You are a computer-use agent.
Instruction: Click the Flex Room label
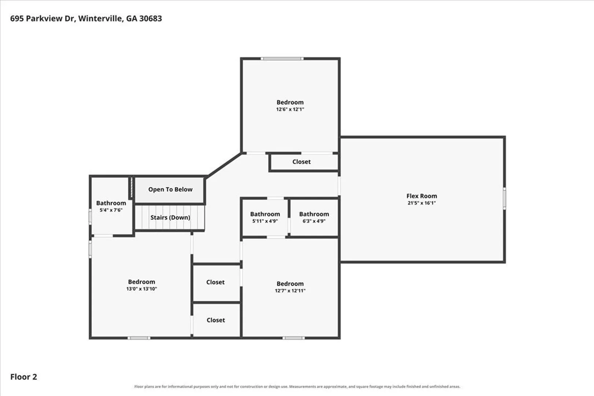[x=422, y=196]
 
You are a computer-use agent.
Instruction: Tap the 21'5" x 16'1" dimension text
[x=422, y=203]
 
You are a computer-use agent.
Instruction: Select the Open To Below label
[x=170, y=189]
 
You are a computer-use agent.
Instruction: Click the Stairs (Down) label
[x=170, y=217]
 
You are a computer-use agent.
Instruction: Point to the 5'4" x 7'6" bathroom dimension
[x=111, y=210]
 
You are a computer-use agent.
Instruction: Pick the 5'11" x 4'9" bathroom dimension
[x=265, y=221]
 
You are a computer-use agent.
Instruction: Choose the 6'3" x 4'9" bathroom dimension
[x=314, y=221]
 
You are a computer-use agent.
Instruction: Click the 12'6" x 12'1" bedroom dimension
[x=290, y=109]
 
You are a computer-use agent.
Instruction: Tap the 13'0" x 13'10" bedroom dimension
[x=142, y=289]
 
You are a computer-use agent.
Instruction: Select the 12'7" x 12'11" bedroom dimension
[x=290, y=290]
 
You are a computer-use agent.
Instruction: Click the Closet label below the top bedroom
[x=301, y=162]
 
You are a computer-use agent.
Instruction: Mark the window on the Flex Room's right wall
[x=505, y=198]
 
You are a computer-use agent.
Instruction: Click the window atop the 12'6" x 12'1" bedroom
[x=282, y=59]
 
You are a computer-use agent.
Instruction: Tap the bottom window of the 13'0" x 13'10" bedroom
[x=139, y=338]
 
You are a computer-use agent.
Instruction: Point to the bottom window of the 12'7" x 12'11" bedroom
[x=294, y=338]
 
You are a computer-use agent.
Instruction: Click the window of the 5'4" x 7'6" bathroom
[x=90, y=217]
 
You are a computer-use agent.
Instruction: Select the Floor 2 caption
[x=23, y=377]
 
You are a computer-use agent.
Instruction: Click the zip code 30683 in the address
[x=151, y=18]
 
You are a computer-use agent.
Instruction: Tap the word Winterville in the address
[x=101, y=19]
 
